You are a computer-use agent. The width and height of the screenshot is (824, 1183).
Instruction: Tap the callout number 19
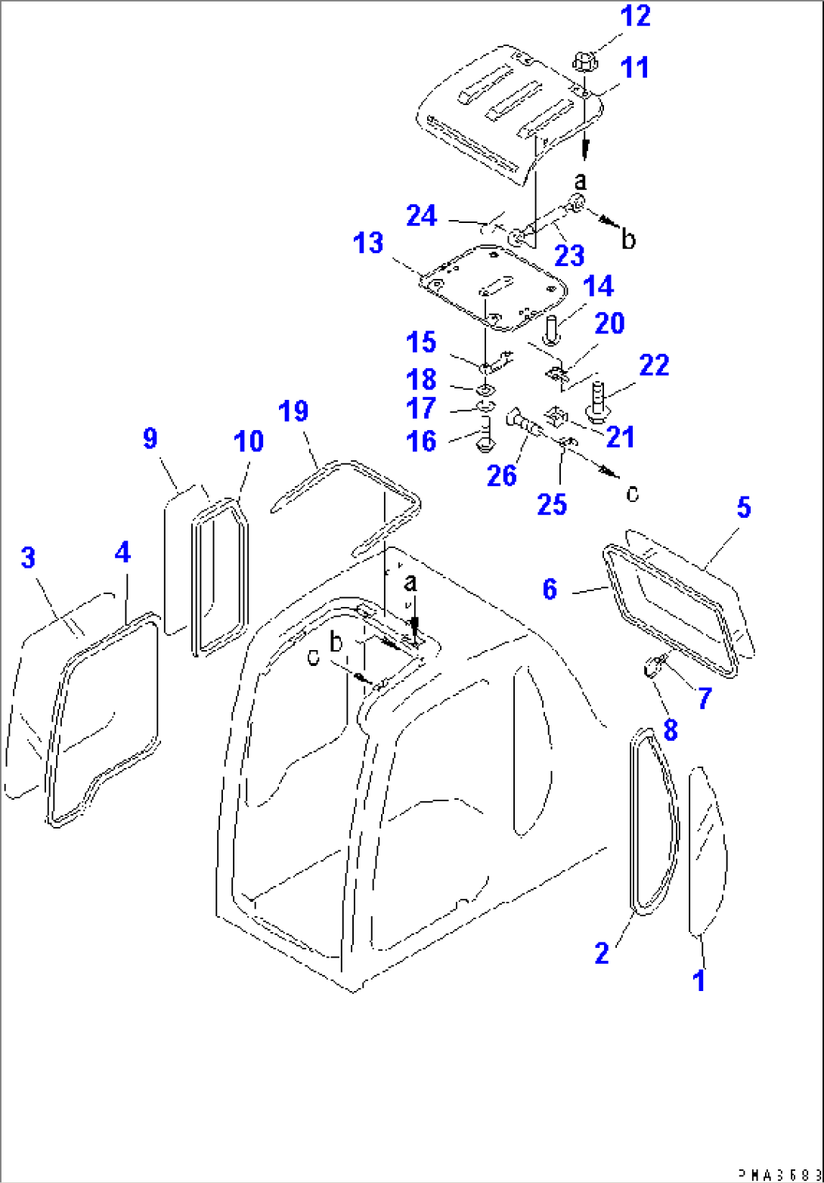pos(293,412)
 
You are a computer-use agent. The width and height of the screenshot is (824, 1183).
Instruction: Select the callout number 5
pos(744,508)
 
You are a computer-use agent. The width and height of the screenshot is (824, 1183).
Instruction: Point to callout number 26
pos(501,475)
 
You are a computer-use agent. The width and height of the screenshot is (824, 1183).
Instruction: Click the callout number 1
pos(699,980)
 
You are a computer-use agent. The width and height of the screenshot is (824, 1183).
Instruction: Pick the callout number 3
pos(27,559)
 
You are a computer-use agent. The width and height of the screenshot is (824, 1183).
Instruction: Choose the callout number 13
pos(369,244)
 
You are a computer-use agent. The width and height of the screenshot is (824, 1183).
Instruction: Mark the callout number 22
pos(654,365)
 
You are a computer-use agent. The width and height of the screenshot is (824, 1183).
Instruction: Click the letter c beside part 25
pos(632,493)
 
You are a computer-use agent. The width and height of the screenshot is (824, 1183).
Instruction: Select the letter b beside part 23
pos(627,240)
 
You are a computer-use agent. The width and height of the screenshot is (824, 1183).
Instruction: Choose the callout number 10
pos(249,441)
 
